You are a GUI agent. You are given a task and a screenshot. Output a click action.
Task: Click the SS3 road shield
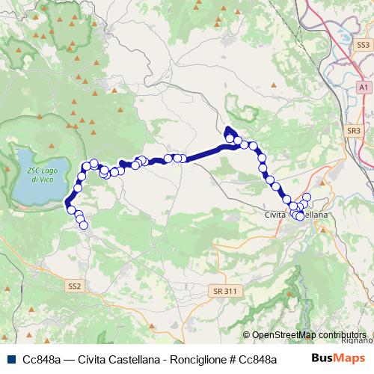(364, 45)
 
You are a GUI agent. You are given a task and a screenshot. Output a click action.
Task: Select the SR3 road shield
(354, 131)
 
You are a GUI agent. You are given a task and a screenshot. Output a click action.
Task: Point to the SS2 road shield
(74, 286)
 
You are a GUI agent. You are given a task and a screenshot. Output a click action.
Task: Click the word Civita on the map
(278, 215)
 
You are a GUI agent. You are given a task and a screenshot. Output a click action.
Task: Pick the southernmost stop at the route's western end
(83, 224)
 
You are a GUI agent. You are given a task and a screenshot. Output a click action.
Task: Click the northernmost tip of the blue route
(227, 126)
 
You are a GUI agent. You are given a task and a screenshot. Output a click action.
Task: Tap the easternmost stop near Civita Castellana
(307, 197)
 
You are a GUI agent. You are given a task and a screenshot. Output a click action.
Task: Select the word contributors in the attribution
(342, 335)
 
